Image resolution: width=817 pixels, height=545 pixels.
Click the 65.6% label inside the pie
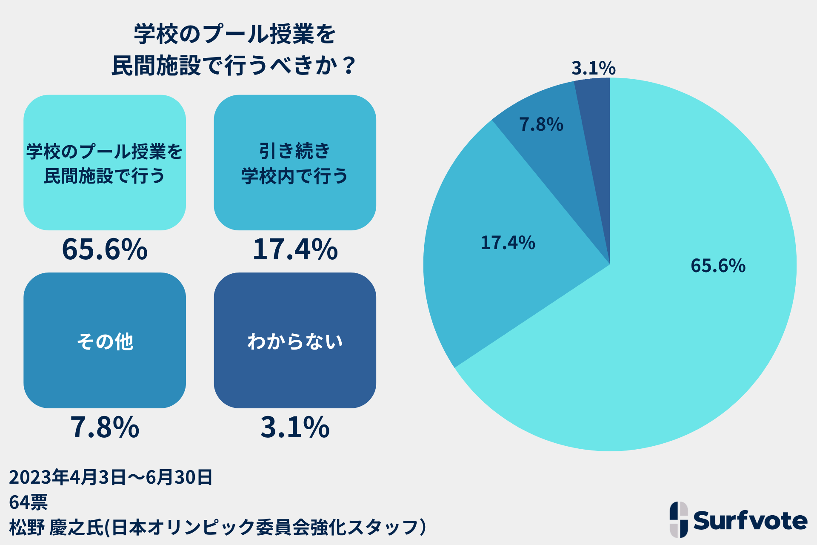[x=718, y=266]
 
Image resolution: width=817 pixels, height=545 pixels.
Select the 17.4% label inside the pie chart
[x=508, y=243]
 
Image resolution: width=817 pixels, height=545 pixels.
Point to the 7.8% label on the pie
[x=541, y=125]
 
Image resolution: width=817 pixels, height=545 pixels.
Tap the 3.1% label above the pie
[x=593, y=68]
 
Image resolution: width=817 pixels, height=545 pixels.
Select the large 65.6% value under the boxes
[x=105, y=249]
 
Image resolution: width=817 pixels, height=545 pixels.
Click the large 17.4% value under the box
[x=295, y=249]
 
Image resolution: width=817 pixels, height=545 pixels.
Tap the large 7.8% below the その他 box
[x=105, y=427]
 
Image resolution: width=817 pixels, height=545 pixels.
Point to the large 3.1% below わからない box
[x=295, y=427]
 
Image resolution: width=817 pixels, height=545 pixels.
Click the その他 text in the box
[x=105, y=341]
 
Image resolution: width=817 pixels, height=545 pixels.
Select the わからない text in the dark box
[x=295, y=341]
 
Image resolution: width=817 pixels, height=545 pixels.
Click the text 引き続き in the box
[x=294, y=151]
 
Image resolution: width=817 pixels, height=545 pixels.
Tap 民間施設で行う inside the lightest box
[x=105, y=176]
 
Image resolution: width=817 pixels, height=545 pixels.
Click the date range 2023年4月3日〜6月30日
[x=111, y=477]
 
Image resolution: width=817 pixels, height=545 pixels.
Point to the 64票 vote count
[x=28, y=502]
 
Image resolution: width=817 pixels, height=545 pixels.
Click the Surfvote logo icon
[x=679, y=519]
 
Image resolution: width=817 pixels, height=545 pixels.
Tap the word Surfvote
[x=750, y=520]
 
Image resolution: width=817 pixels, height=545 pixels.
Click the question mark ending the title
[x=349, y=66]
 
